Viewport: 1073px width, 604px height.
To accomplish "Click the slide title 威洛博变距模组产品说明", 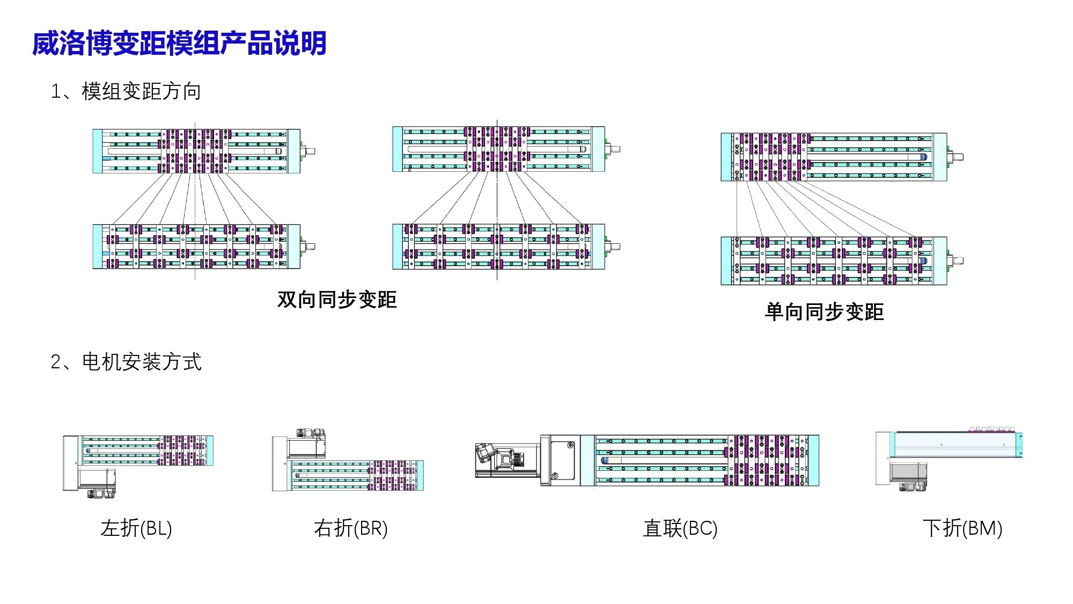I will [x=179, y=43].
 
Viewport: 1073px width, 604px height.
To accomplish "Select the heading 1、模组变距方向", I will [x=126, y=91].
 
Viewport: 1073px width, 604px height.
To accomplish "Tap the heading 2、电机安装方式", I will [x=126, y=362].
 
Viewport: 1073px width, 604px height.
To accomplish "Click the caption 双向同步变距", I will [x=337, y=300].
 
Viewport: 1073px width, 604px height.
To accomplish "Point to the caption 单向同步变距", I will [x=824, y=312].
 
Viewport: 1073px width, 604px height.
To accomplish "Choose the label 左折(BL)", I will [x=136, y=528].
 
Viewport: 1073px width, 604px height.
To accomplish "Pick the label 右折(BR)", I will [x=351, y=528].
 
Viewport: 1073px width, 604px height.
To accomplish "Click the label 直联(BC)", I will [x=680, y=528].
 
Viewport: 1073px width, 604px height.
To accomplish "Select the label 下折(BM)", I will [x=962, y=528].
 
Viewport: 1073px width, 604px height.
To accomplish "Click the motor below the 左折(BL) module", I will [x=97, y=479].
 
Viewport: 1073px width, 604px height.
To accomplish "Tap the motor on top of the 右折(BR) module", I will [x=306, y=443].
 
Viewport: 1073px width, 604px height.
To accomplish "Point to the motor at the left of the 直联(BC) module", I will [x=507, y=460].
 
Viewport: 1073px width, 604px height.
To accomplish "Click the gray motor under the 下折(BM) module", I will [x=908, y=473].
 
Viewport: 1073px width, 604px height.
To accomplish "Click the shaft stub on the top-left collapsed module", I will [x=310, y=151].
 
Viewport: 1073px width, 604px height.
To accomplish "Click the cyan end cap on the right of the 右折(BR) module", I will [x=420, y=475].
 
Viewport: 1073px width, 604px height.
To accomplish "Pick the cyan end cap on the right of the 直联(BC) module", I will [x=813, y=460].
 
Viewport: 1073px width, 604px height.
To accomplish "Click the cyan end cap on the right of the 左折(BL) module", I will [x=210, y=450].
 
